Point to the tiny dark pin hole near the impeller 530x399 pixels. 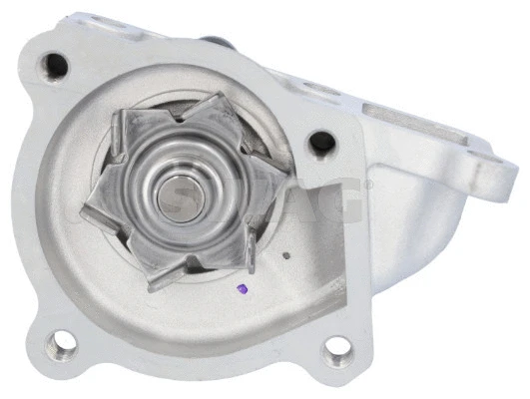pyautogui.click(x=286, y=255)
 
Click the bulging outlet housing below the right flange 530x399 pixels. pyautogui.click(x=389, y=229)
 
